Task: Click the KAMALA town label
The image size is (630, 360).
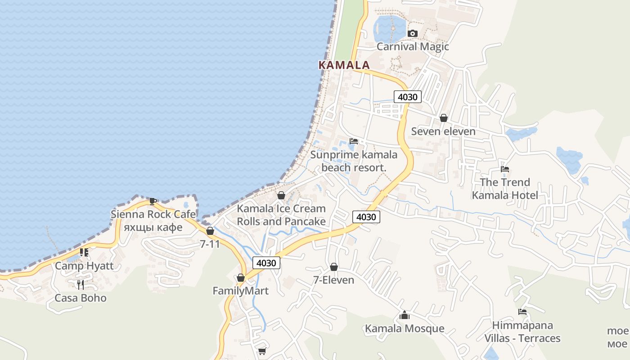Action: pyautogui.click(x=344, y=65)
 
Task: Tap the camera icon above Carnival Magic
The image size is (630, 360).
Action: pyautogui.click(x=412, y=34)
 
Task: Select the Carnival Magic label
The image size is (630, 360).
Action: pyautogui.click(x=413, y=46)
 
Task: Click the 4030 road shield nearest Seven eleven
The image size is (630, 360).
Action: pyautogui.click(x=408, y=97)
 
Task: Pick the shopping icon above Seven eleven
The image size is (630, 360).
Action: pyautogui.click(x=443, y=118)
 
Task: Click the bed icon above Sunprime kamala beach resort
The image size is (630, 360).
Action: pyautogui.click(x=354, y=141)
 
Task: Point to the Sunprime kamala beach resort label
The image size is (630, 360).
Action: pyautogui.click(x=354, y=161)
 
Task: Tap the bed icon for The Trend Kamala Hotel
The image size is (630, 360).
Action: pyautogui.click(x=505, y=169)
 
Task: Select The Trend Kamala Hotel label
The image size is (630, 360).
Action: pyautogui.click(x=505, y=189)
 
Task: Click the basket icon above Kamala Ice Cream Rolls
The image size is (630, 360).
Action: pyautogui.click(x=281, y=195)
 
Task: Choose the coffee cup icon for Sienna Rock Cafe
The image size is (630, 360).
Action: pyautogui.click(x=153, y=201)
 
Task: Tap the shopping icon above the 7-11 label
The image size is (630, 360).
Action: pyautogui.click(x=210, y=231)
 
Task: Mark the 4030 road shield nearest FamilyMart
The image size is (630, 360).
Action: pyautogui.click(x=266, y=263)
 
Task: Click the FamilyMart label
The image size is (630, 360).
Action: pyautogui.click(x=240, y=291)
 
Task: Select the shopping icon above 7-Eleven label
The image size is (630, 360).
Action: pyautogui.click(x=334, y=267)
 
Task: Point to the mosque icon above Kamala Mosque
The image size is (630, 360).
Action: pyautogui.click(x=405, y=315)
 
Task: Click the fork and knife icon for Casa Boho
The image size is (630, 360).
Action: pyautogui.click(x=81, y=284)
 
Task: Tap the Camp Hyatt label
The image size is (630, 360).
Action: pyautogui.click(x=84, y=265)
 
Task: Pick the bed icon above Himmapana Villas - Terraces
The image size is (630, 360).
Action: pyautogui.click(x=522, y=312)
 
